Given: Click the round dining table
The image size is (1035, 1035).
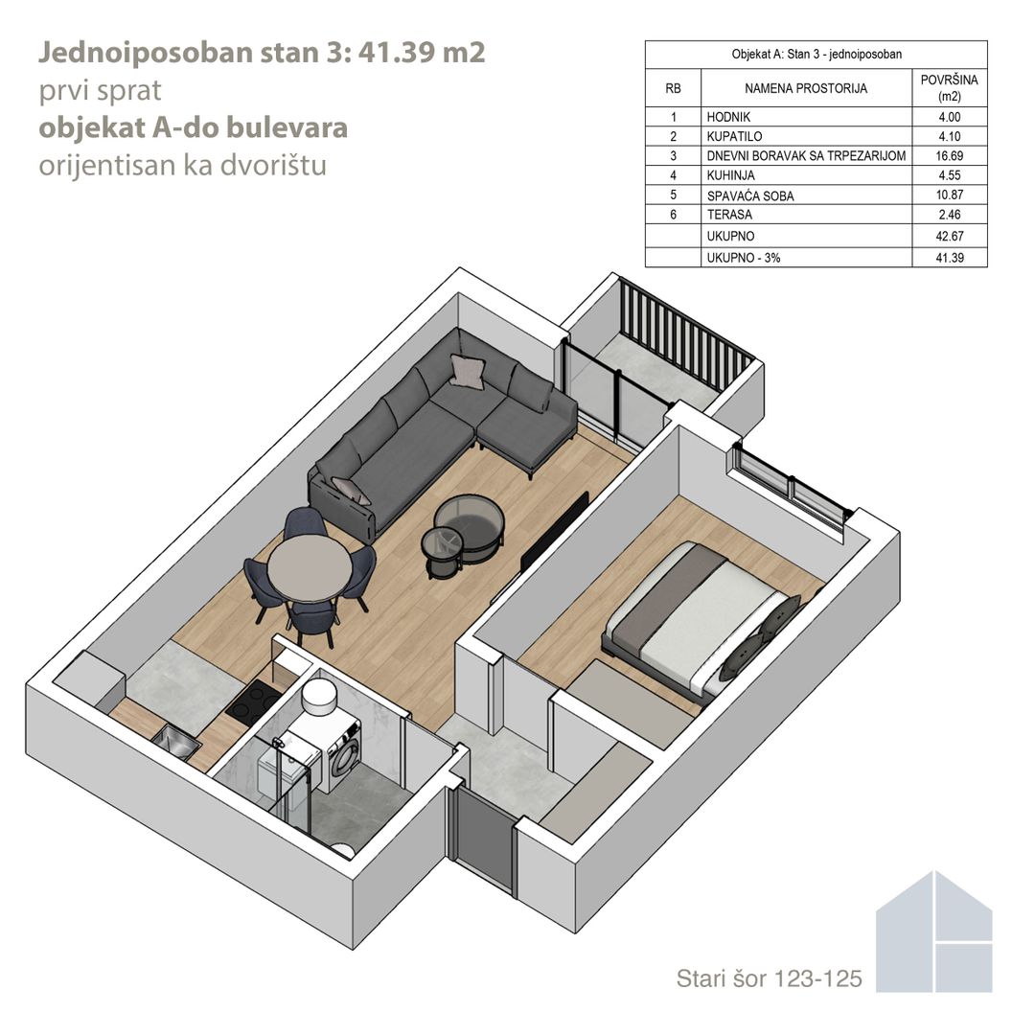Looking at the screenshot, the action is click(x=309, y=568).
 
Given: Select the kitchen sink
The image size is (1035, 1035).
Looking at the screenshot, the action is click(x=177, y=741).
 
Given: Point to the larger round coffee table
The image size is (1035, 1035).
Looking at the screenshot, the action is click(x=469, y=521).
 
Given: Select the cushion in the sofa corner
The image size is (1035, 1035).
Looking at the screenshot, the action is click(x=468, y=369).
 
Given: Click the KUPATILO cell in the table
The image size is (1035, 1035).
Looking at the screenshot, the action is click(x=734, y=137).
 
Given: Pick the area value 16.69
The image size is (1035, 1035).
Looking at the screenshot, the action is click(x=949, y=156).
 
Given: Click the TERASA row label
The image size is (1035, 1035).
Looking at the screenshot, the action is click(x=729, y=215).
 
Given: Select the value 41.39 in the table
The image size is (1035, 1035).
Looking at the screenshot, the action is click(x=949, y=258).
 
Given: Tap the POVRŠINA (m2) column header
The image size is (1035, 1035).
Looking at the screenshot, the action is click(x=949, y=88).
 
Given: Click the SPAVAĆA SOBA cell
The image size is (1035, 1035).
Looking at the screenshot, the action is click(x=749, y=195).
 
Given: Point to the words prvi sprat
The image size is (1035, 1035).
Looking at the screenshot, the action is click(x=100, y=91).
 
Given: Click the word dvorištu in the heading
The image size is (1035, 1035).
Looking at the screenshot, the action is click(x=273, y=165).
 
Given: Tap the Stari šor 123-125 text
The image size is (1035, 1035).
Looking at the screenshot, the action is click(x=769, y=978).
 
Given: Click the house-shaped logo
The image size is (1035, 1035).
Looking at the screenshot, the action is click(x=934, y=931).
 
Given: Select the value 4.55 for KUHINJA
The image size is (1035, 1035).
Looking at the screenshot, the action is click(x=949, y=175).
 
